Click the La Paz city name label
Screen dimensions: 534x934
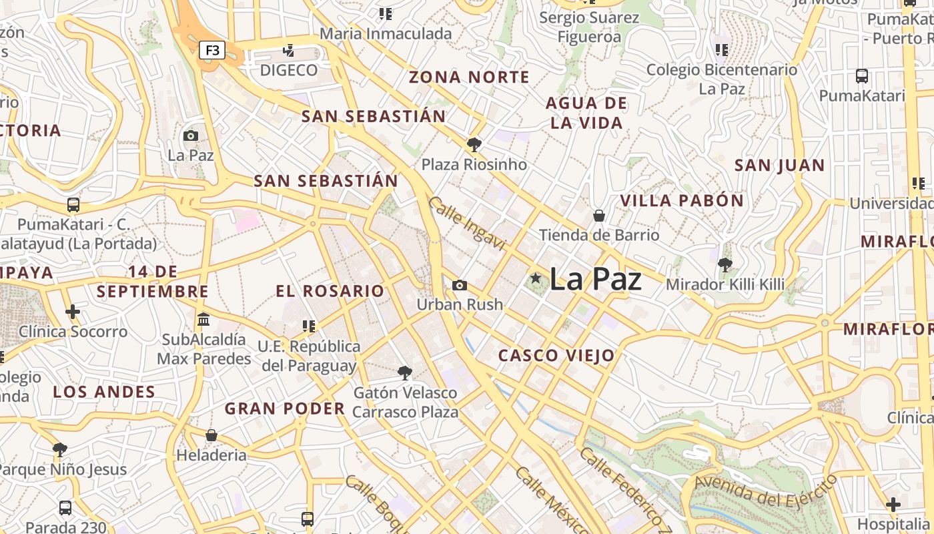pos(595,279)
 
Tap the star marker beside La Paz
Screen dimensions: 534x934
pos(535,278)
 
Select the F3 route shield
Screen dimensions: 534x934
pos(212,50)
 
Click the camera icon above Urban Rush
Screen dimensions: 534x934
pos(459,285)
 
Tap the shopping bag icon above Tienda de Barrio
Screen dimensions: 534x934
pos(599,216)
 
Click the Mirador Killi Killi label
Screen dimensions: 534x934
pos(725,284)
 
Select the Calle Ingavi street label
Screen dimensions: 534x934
pos(467,221)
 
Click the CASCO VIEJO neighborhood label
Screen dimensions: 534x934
pos(556,356)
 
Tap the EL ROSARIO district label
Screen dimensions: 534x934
pos(330,291)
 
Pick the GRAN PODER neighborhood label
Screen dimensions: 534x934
pos(285,409)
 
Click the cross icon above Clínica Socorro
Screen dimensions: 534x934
pos(73,311)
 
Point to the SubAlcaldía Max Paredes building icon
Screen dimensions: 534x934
pos(203,319)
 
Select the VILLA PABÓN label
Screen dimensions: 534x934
pos(682,200)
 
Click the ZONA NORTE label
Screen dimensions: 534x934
pos(469,77)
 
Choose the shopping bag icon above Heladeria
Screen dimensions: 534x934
pos(211,435)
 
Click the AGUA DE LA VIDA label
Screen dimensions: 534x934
pos(586,113)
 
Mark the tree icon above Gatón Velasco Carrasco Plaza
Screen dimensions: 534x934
pos(404,372)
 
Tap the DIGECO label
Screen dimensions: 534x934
pos(289,70)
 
